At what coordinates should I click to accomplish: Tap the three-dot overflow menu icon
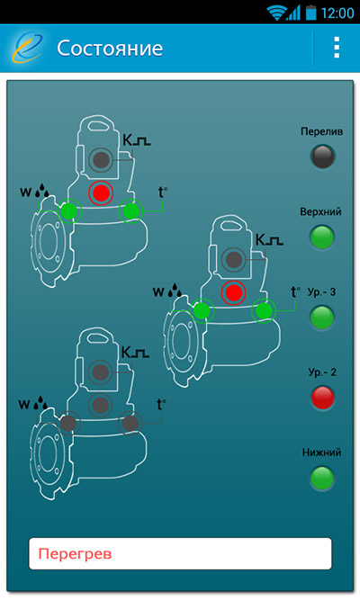(x=337, y=48)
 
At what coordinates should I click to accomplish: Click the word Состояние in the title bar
(x=110, y=49)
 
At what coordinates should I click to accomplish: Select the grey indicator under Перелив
(x=322, y=157)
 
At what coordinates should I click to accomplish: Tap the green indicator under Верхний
(x=322, y=237)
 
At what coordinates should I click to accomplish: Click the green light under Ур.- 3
(x=322, y=318)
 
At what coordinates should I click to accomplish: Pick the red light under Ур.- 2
(x=322, y=398)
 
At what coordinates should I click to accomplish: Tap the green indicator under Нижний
(x=322, y=478)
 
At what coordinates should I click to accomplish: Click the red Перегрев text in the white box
(x=75, y=554)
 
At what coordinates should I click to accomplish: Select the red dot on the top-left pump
(x=101, y=193)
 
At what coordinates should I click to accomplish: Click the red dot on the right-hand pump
(x=233, y=293)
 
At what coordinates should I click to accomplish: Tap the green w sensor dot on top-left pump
(x=69, y=210)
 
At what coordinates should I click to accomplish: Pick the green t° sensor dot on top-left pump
(x=131, y=210)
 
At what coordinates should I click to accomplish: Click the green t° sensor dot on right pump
(x=264, y=310)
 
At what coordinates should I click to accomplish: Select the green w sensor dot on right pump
(x=202, y=310)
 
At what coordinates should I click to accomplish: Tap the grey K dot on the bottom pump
(x=100, y=372)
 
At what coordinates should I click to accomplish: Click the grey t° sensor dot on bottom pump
(x=130, y=423)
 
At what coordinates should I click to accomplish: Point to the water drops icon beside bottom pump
(x=41, y=403)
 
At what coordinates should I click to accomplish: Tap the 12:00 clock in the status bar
(x=337, y=13)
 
